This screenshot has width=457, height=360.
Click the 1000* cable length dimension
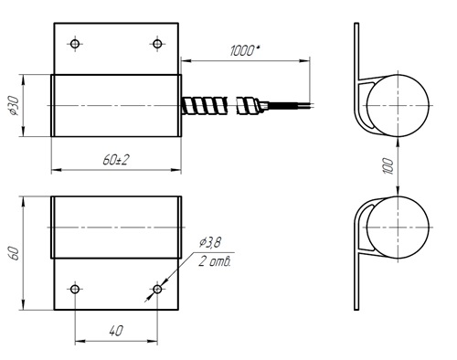coord(244,50)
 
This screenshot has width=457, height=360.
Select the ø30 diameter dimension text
coord(14,106)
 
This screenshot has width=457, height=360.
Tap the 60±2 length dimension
coord(116,160)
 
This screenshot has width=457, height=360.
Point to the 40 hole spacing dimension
coord(116,331)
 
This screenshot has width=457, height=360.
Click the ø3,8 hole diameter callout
coord(210,243)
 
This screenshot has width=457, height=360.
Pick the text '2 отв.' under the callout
coord(215,261)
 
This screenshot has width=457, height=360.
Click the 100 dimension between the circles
coord(388,166)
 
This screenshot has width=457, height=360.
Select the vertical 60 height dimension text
coord(15,253)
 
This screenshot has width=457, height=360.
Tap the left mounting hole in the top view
coord(75,44)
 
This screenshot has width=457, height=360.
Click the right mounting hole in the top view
coord(157,44)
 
